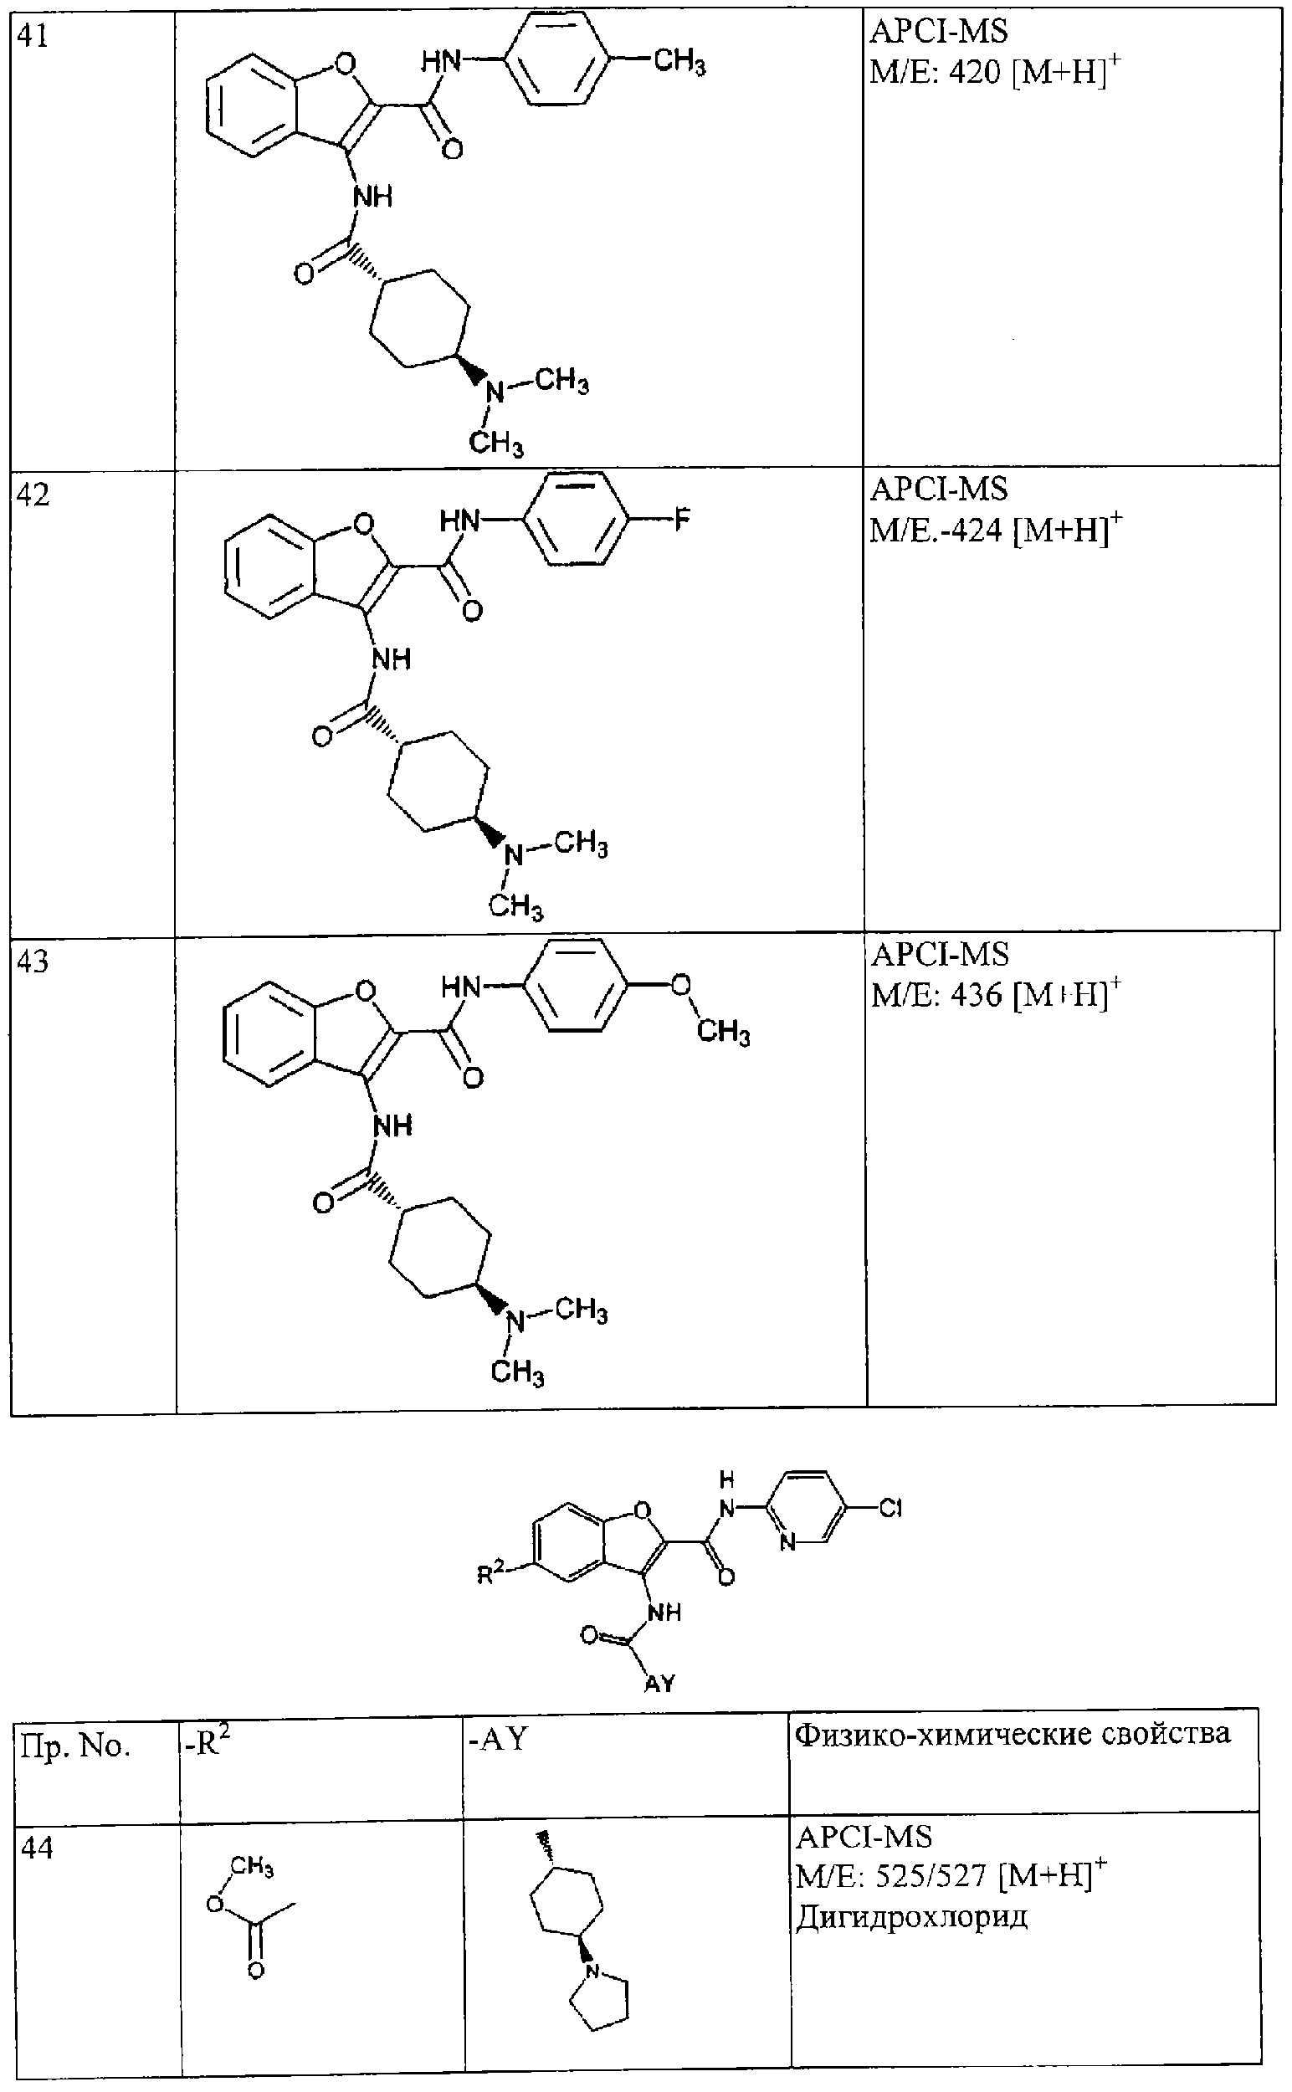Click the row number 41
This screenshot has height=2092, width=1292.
click(x=33, y=38)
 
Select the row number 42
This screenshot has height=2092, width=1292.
click(x=33, y=495)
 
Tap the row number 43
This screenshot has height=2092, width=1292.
click(x=33, y=961)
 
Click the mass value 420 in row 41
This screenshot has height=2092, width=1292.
click(x=975, y=73)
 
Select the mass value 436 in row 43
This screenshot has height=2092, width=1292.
click(x=976, y=996)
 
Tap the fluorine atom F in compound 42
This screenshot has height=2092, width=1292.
click(x=681, y=520)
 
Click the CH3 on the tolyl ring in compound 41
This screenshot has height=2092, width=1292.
click(x=680, y=63)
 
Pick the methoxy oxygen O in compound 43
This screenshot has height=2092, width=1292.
click(x=680, y=985)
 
